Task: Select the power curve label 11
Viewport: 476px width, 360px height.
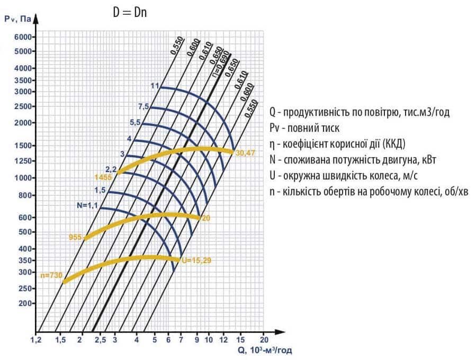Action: pyautogui.click(x=155, y=86)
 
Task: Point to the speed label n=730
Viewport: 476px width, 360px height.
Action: pyautogui.click(x=51, y=275)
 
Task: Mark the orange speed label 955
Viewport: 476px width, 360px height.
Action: pyautogui.click(x=75, y=237)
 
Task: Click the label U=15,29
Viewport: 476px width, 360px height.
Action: pyautogui.click(x=197, y=260)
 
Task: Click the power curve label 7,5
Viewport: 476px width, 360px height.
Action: pyautogui.click(x=143, y=106)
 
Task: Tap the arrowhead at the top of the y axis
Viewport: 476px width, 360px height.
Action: pyautogui.click(x=36, y=20)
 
